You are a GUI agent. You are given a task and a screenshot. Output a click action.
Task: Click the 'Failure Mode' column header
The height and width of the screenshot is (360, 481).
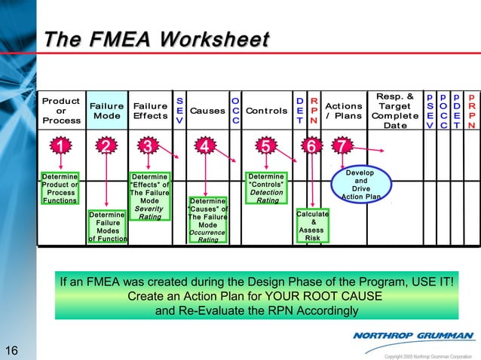pos(106,111)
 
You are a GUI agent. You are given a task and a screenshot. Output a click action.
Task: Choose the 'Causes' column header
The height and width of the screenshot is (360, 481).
pos(207,111)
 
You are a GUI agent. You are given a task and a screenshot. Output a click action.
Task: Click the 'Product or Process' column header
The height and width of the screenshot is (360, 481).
pos(61,111)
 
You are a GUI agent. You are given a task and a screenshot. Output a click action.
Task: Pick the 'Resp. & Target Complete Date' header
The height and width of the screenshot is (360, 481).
pos(395,111)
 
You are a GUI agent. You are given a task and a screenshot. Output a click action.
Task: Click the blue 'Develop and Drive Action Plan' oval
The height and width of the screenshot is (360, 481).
pos(361,185)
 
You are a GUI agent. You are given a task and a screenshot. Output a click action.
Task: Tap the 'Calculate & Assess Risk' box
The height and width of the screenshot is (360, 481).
pos(312,226)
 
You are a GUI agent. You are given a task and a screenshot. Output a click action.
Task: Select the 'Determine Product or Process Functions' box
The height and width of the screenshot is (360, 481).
pos(60,188)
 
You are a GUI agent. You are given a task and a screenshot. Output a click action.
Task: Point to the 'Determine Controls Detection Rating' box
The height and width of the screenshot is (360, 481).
pos(267,188)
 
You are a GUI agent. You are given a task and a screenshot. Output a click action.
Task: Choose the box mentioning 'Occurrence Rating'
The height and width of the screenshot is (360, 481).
pos(207,221)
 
